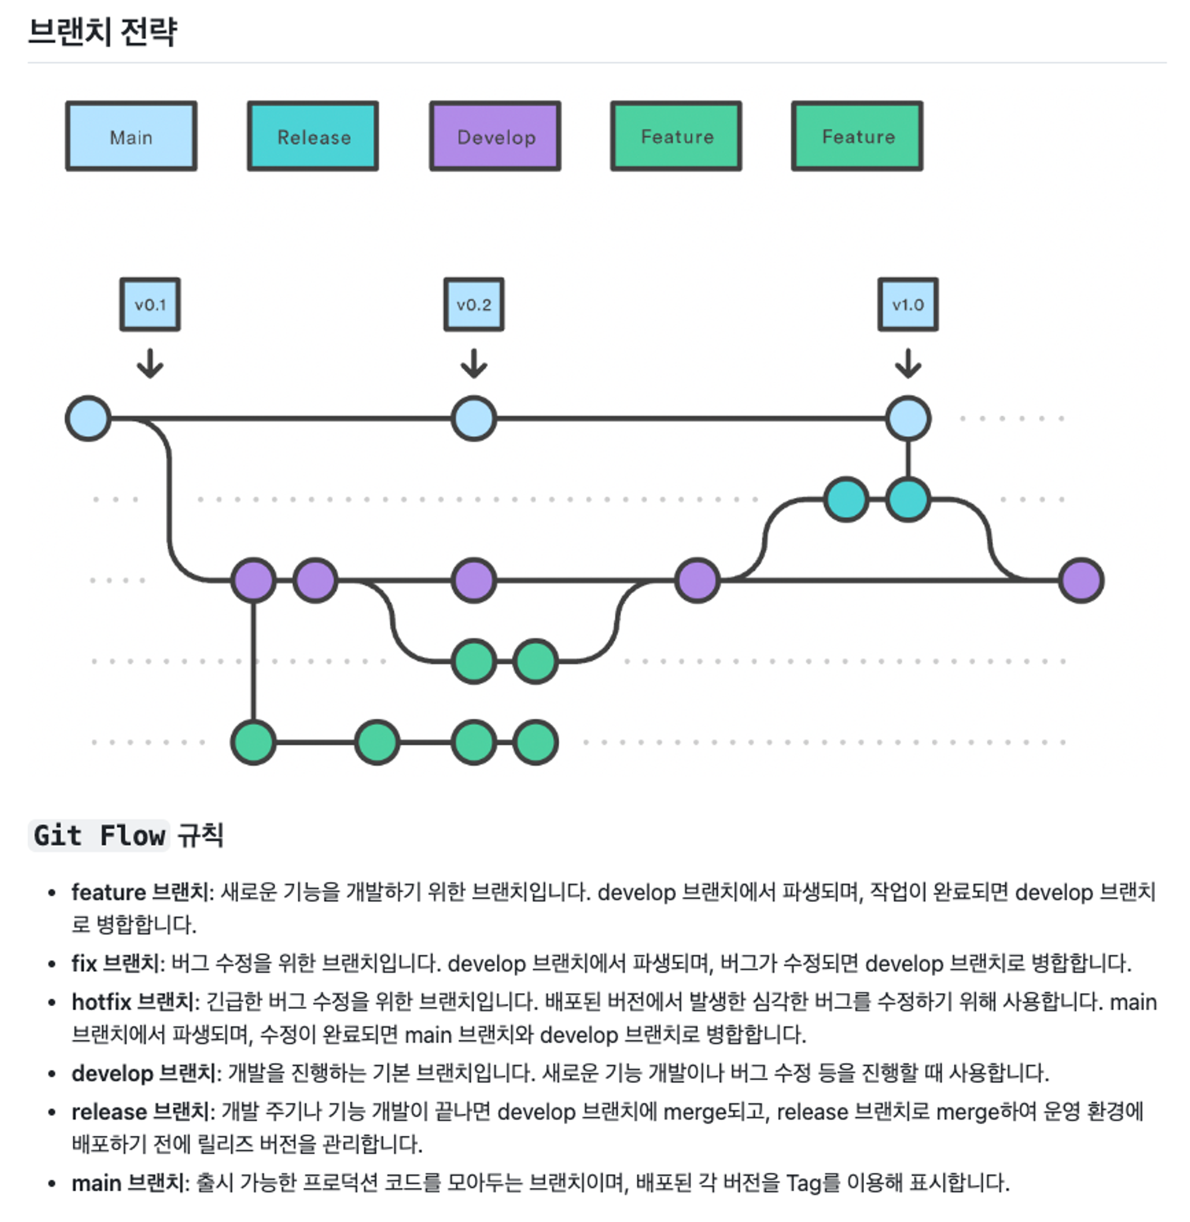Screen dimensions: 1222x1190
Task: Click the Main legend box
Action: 131,136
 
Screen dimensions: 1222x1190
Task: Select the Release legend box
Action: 313,136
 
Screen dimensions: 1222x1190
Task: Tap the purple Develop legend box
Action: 495,136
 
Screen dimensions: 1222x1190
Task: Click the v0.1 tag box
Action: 150,305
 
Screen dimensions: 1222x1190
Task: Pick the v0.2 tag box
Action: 474,305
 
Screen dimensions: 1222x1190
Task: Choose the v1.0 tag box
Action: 907,305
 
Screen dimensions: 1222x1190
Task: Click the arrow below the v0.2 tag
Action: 474,363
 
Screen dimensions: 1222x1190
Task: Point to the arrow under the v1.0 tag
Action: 907,363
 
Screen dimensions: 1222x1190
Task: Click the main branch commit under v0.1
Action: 88,419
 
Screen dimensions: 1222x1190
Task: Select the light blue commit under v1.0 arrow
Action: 907,419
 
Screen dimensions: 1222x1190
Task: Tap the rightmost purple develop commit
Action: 1081,580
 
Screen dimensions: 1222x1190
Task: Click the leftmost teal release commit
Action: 846,499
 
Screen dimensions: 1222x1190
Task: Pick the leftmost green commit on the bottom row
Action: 253,742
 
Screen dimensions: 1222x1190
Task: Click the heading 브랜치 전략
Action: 103,32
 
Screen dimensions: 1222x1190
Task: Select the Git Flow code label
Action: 99,835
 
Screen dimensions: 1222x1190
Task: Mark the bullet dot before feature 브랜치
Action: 52,893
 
